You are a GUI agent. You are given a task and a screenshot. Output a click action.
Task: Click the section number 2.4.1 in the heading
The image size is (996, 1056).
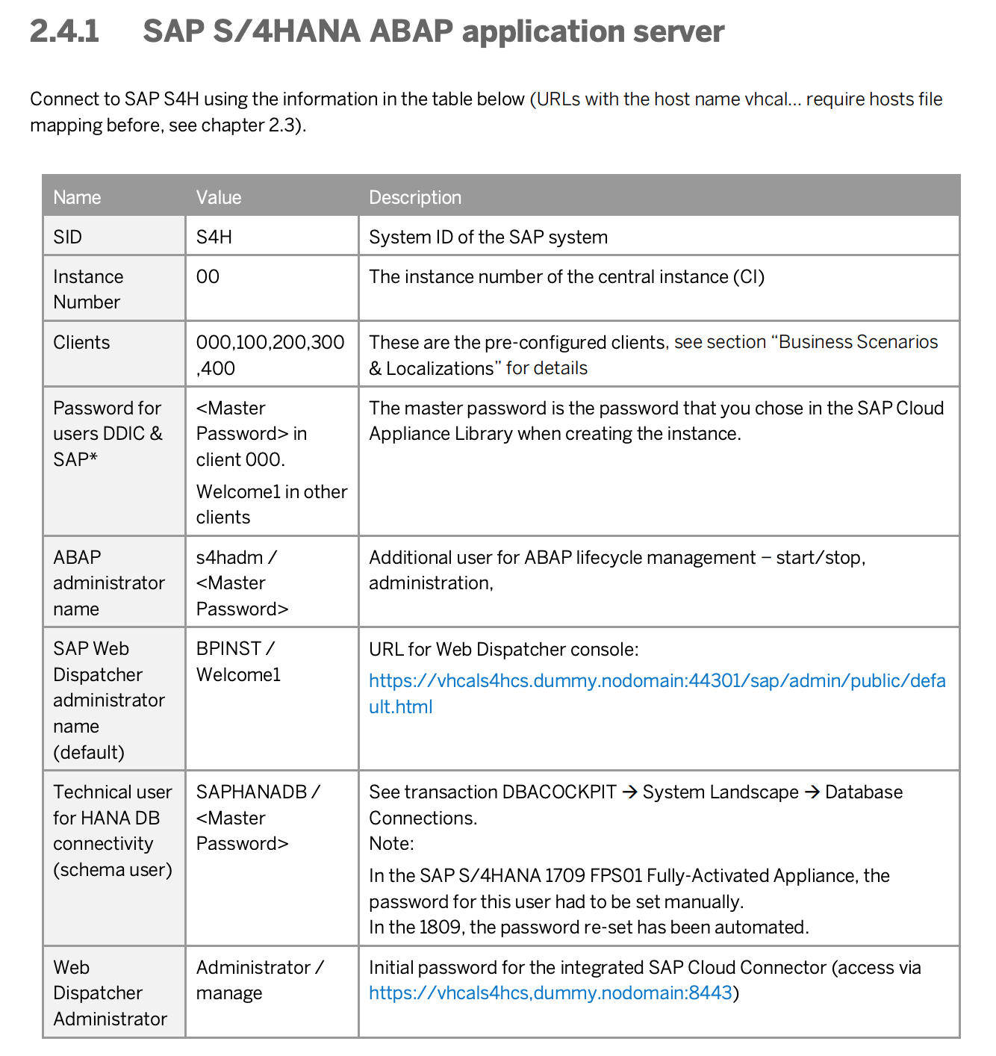(64, 31)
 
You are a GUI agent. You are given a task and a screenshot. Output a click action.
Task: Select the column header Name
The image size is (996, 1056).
(77, 197)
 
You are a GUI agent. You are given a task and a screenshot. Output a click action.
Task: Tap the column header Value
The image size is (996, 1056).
(219, 197)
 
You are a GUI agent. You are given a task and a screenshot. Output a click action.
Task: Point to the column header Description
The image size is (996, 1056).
(415, 197)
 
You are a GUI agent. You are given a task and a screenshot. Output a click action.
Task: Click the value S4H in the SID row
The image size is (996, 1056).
(214, 237)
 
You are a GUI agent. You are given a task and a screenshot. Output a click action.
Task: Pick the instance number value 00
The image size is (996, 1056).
(208, 277)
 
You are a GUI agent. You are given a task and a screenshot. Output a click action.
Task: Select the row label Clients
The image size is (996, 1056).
(81, 343)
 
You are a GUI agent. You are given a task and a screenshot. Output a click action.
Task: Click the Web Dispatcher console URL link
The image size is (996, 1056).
(657, 681)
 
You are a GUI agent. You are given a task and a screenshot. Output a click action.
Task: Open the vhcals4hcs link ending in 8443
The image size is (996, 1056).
(550, 993)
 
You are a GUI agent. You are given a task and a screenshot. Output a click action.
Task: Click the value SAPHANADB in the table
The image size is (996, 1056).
(252, 792)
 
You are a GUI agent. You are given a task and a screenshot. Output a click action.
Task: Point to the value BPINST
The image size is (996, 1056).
(228, 649)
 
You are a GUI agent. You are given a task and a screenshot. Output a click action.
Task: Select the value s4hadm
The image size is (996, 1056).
(229, 558)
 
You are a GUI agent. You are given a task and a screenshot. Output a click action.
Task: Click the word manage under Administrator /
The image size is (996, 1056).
(229, 993)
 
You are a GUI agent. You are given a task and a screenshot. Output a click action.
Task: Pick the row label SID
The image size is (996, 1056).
(67, 237)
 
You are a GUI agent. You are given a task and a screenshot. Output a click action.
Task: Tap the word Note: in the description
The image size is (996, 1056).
(391, 844)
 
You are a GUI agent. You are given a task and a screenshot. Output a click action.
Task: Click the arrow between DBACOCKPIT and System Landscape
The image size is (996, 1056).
(630, 792)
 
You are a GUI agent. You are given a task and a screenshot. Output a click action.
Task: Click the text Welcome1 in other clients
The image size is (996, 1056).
(272, 504)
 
